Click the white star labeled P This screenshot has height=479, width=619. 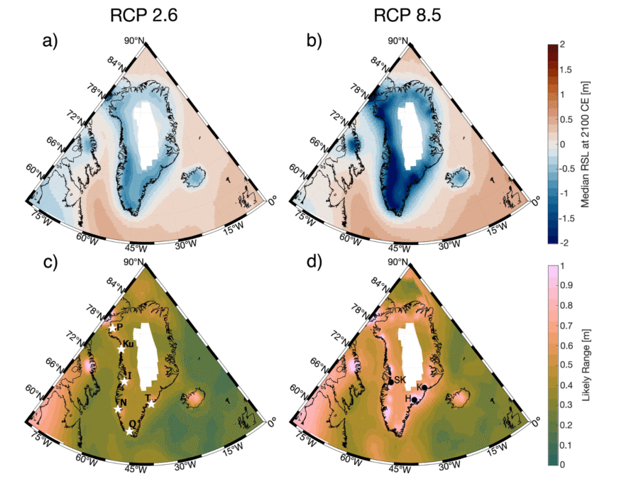tap(112, 329)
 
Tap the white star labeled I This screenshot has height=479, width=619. tap(124, 382)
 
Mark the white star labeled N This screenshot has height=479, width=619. tap(118, 409)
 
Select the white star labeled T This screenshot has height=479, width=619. tap(150, 404)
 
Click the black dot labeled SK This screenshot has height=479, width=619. tap(390, 382)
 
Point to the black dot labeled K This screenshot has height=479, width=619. tap(424, 387)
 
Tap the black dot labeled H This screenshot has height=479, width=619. tap(414, 400)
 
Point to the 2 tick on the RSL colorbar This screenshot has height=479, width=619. tap(563, 45)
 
